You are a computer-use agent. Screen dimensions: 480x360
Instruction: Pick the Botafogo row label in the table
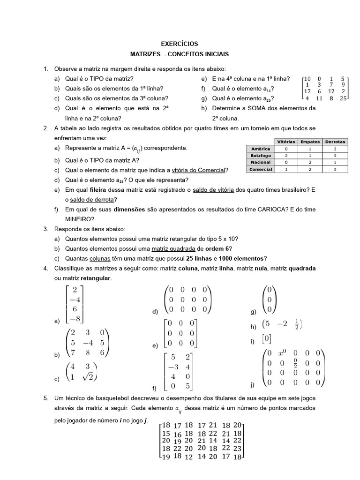pyautogui.click(x=261, y=155)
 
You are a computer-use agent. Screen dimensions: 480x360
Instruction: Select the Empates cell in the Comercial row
pyautogui.click(x=310, y=169)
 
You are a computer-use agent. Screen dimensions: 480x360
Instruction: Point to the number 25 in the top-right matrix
pyautogui.click(x=343, y=99)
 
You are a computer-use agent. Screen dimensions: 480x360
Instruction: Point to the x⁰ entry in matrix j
pyautogui.click(x=282, y=353)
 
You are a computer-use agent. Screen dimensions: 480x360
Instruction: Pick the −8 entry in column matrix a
pyautogui.click(x=74, y=319)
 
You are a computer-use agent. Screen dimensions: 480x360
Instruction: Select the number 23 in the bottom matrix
pyautogui.click(x=237, y=448)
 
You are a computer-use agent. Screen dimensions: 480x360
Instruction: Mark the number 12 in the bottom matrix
pyautogui.click(x=188, y=457)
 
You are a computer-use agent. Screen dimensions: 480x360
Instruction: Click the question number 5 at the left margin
pyautogui.click(x=45, y=398)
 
